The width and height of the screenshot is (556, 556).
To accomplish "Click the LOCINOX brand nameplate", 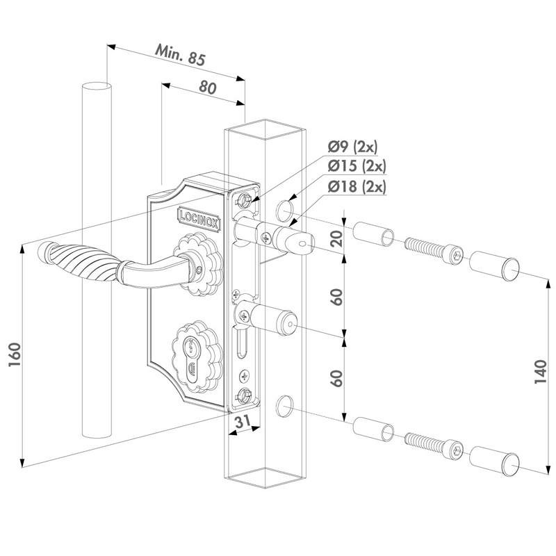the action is (199, 219).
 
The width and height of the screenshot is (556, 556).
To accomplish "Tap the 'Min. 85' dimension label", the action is (181, 55).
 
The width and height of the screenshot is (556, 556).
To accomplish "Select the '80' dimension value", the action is (207, 88).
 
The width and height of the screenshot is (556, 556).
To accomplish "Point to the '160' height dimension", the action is (15, 355).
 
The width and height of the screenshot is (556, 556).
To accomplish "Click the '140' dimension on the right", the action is (541, 372).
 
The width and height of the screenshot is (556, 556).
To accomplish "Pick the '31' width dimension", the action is (243, 422).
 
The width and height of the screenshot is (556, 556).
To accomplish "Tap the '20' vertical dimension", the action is (336, 238).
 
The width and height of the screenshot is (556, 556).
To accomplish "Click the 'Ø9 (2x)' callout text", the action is (352, 147).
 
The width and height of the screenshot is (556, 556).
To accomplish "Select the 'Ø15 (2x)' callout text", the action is (357, 165).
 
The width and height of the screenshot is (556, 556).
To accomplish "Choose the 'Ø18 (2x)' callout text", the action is (357, 186).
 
